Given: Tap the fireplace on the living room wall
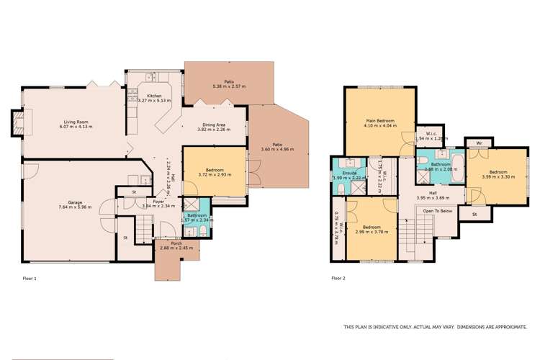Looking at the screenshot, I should click(x=17, y=121).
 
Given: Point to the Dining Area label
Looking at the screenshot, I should click(x=214, y=125).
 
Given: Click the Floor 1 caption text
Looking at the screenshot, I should click(x=30, y=276).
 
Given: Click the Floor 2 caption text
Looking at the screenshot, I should click(x=339, y=276).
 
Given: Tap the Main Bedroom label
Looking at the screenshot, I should click(x=379, y=120).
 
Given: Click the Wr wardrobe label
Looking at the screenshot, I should click(x=479, y=142).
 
